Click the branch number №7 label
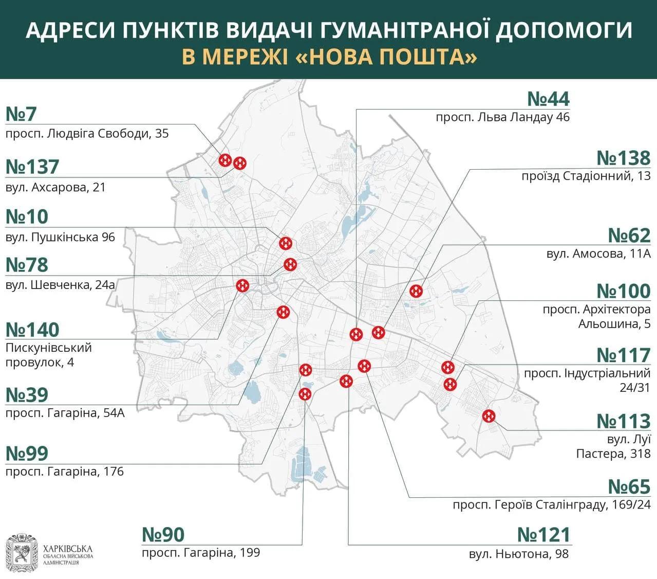point(21,114)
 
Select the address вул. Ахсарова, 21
point(55,187)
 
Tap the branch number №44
point(548,99)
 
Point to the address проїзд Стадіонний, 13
point(586,176)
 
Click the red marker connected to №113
point(489,416)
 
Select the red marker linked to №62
point(416,291)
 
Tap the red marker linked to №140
point(242,285)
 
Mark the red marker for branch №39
point(283,312)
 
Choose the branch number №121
point(543,535)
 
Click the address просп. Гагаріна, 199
point(201,553)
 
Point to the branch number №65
point(629,486)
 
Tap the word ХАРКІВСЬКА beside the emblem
point(68,549)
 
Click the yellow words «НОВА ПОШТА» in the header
point(387,57)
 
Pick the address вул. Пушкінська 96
point(60,238)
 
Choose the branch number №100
point(623,291)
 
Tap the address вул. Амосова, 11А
point(598,254)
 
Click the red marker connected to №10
point(286,243)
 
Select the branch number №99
point(27,454)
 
